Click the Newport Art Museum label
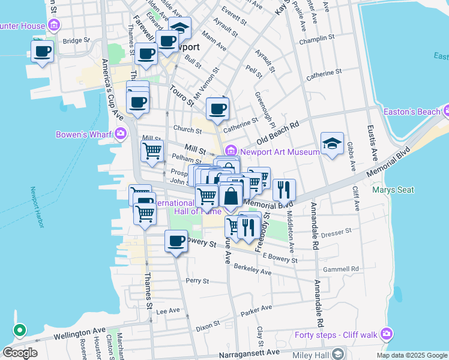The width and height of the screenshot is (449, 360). (280, 152)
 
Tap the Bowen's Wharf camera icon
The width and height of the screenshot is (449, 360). (121, 133)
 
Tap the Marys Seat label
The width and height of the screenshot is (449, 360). (393, 190)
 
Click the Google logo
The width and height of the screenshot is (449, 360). (19, 353)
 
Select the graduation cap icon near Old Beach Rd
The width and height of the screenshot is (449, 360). (332, 143)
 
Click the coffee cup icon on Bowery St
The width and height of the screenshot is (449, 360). (176, 241)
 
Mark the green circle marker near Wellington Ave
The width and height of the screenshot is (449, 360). (19, 330)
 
